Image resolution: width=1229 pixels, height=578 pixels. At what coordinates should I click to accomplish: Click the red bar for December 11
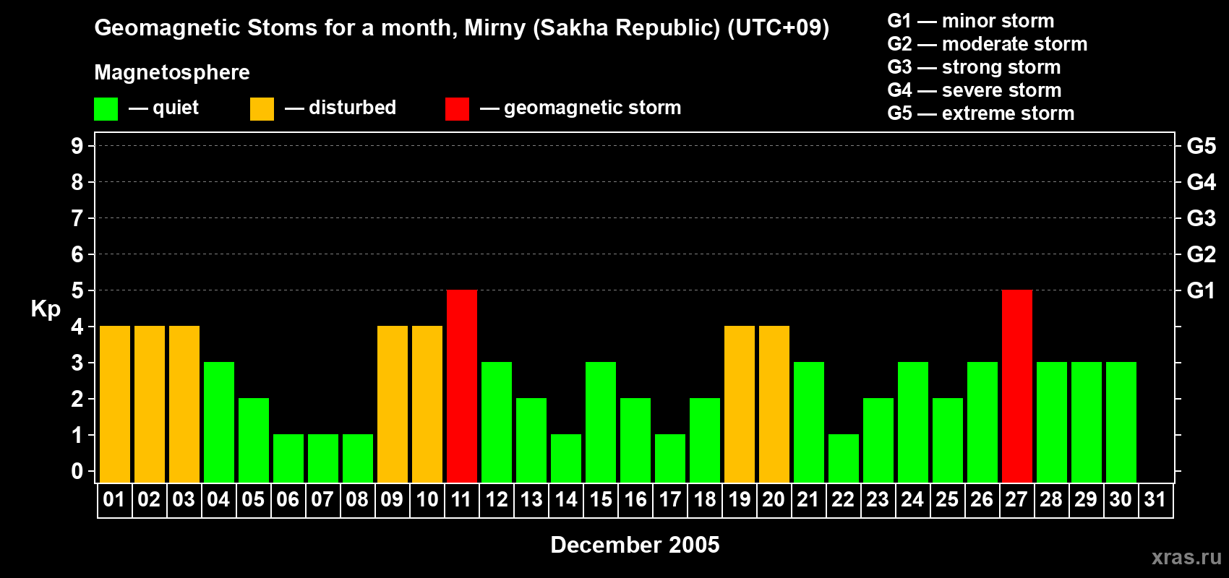(462, 386)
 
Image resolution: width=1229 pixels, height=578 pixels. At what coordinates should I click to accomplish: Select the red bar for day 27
(1017, 386)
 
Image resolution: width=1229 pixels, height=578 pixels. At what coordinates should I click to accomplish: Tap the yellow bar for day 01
(115, 404)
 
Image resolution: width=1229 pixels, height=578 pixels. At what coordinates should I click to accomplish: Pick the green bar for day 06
(288, 459)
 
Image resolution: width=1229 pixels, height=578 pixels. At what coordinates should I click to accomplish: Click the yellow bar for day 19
(740, 404)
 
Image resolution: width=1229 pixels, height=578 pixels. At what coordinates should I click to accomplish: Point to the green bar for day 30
(1121, 422)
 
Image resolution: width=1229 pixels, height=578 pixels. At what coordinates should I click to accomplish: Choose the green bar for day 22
(843, 459)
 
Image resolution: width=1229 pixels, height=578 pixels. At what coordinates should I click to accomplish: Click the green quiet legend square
(106, 108)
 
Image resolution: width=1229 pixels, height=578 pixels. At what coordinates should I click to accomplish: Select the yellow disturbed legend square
(262, 108)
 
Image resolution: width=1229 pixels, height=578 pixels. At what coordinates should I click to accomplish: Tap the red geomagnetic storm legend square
(457, 108)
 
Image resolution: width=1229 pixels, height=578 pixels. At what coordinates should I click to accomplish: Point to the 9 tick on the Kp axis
(77, 146)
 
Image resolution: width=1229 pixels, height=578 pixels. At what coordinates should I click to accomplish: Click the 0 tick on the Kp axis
(77, 471)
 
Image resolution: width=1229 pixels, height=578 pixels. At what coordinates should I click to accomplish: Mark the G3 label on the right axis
(1201, 218)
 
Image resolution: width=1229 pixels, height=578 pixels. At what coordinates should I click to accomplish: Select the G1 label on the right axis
(1201, 290)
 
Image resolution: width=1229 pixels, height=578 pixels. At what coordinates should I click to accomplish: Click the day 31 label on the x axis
(1155, 499)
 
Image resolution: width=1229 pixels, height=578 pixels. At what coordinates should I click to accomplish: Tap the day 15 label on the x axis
(601, 499)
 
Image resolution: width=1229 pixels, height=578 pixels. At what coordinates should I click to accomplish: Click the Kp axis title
(46, 309)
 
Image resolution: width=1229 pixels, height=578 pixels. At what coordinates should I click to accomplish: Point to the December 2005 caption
(635, 545)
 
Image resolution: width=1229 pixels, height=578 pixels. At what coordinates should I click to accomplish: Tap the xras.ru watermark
(1186, 557)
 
